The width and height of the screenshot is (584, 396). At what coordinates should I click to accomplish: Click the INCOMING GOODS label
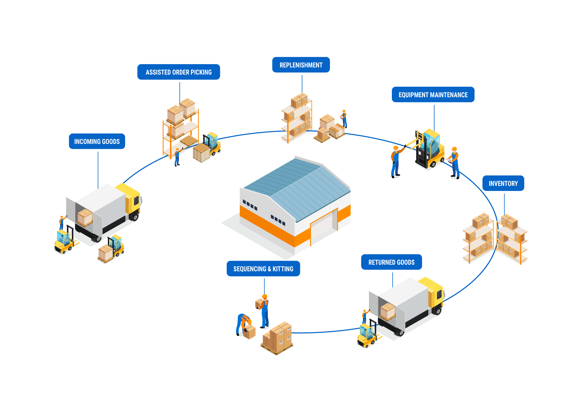pyautogui.click(x=97, y=141)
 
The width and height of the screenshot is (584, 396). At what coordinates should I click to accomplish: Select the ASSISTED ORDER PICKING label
pyautogui.click(x=179, y=72)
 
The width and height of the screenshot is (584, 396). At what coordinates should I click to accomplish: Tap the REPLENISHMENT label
pyautogui.click(x=301, y=65)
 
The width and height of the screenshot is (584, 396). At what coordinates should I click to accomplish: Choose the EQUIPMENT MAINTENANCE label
pyautogui.click(x=433, y=95)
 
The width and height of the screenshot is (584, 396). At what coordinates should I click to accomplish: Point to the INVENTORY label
pyautogui.click(x=503, y=183)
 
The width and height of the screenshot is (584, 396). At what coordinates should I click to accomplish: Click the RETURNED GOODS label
pyautogui.click(x=392, y=262)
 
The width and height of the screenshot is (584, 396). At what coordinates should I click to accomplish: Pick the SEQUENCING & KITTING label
pyautogui.click(x=263, y=269)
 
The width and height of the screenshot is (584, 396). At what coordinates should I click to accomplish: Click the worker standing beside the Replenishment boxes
pyautogui.click(x=344, y=119)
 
